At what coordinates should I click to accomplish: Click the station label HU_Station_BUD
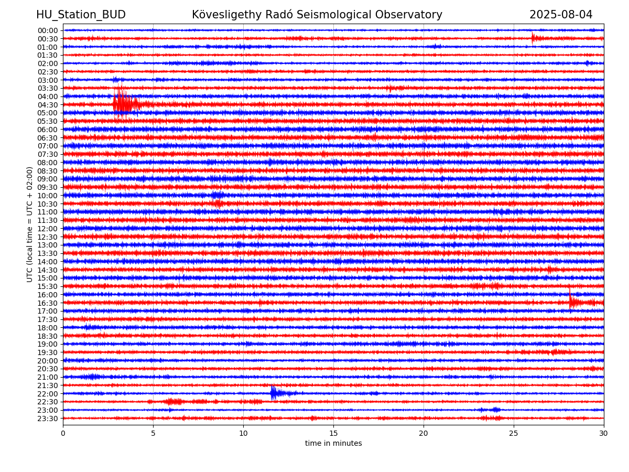coord(81,15)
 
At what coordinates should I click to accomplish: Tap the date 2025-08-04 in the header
coord(560,15)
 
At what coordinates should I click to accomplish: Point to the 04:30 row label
coord(48,105)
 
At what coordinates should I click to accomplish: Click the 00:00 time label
coord(48,30)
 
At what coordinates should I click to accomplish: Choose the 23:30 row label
coord(48,419)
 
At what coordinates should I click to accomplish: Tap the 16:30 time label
coord(48,303)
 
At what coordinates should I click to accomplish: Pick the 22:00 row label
coord(48,394)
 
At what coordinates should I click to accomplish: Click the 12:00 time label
coord(48,229)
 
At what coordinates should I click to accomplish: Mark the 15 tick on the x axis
coord(333,433)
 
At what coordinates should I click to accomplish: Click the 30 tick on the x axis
coord(603,433)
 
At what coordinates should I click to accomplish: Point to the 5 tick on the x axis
coord(153,433)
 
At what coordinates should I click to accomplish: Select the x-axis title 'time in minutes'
coord(333,443)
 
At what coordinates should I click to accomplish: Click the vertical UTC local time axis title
coord(29,224)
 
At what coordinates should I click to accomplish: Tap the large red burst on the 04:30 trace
coord(125,103)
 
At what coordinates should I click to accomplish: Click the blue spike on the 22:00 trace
coord(274,393)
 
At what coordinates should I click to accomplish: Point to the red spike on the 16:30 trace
coord(570,301)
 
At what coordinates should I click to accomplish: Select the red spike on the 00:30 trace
coord(533,38)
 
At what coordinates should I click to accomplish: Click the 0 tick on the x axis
coord(63,433)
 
